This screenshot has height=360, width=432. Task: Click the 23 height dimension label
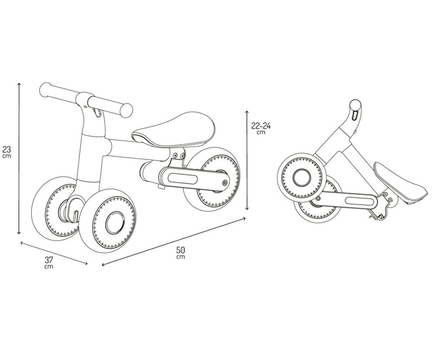coord(7,152)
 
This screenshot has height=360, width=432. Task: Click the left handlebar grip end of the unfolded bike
coord(45,90)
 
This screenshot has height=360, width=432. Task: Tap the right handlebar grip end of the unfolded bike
coord(126,110)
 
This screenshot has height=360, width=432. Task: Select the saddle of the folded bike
coord(401,183)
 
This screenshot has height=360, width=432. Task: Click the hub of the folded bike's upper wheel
coord(302,177)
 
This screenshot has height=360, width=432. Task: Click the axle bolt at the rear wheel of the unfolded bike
coord(225,182)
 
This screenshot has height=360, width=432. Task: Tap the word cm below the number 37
coord(49,267)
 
